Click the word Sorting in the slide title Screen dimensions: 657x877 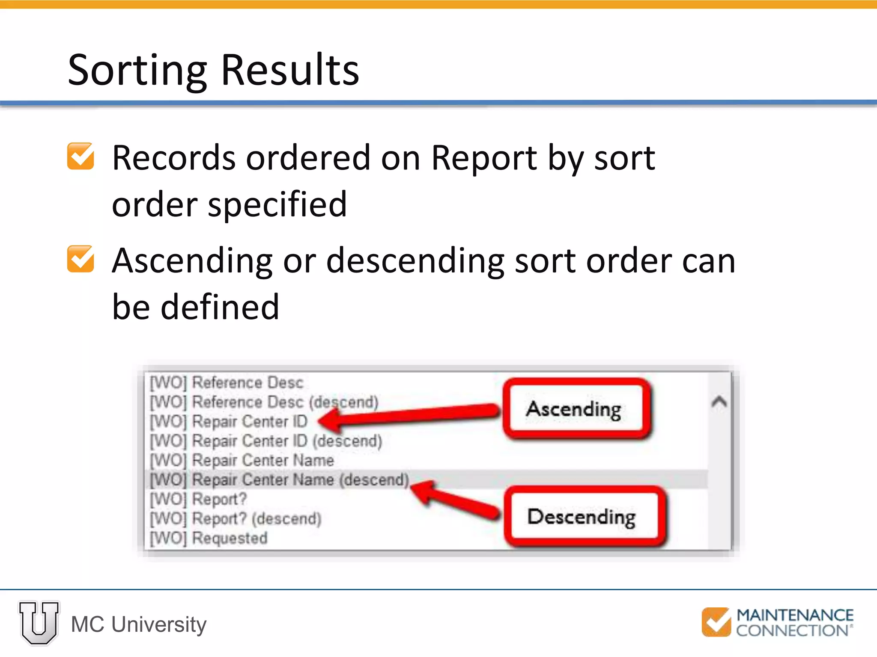(137, 71)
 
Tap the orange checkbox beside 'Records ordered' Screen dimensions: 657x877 (81, 157)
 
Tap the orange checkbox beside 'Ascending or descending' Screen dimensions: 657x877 (81, 259)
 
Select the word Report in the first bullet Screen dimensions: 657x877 (483, 158)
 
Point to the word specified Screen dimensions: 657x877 (277, 204)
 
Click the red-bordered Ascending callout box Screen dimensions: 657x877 (574, 409)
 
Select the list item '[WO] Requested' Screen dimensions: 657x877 (209, 538)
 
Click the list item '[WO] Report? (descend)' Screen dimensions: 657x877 (236, 518)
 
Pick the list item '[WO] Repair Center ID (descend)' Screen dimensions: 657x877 (266, 441)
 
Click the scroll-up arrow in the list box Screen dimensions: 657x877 (719, 402)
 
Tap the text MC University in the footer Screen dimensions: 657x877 (139, 624)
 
